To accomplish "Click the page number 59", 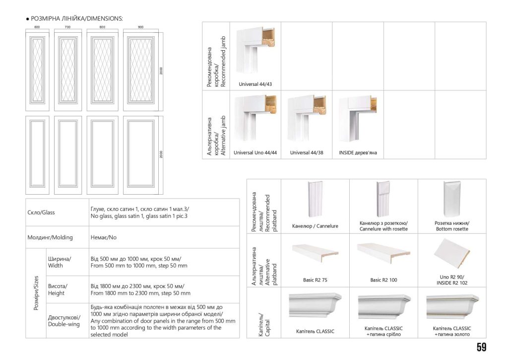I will click(481, 347).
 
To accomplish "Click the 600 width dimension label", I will click(37, 27).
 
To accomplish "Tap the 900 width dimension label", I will click(140, 27).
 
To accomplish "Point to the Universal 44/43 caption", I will click(255, 84).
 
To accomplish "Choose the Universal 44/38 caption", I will click(307, 153).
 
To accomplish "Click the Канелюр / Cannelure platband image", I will click(315, 199).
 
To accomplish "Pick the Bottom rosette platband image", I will click(452, 198).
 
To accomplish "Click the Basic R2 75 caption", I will click(315, 280).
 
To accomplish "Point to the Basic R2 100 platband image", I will click(383, 254).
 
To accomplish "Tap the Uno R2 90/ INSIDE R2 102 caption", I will click(452, 280).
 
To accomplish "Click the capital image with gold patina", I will click(452, 306).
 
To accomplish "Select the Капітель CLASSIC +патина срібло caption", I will click(383, 331).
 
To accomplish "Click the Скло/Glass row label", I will click(41, 213).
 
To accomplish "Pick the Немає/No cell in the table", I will click(103, 237).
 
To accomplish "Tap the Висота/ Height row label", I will click(57, 289).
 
